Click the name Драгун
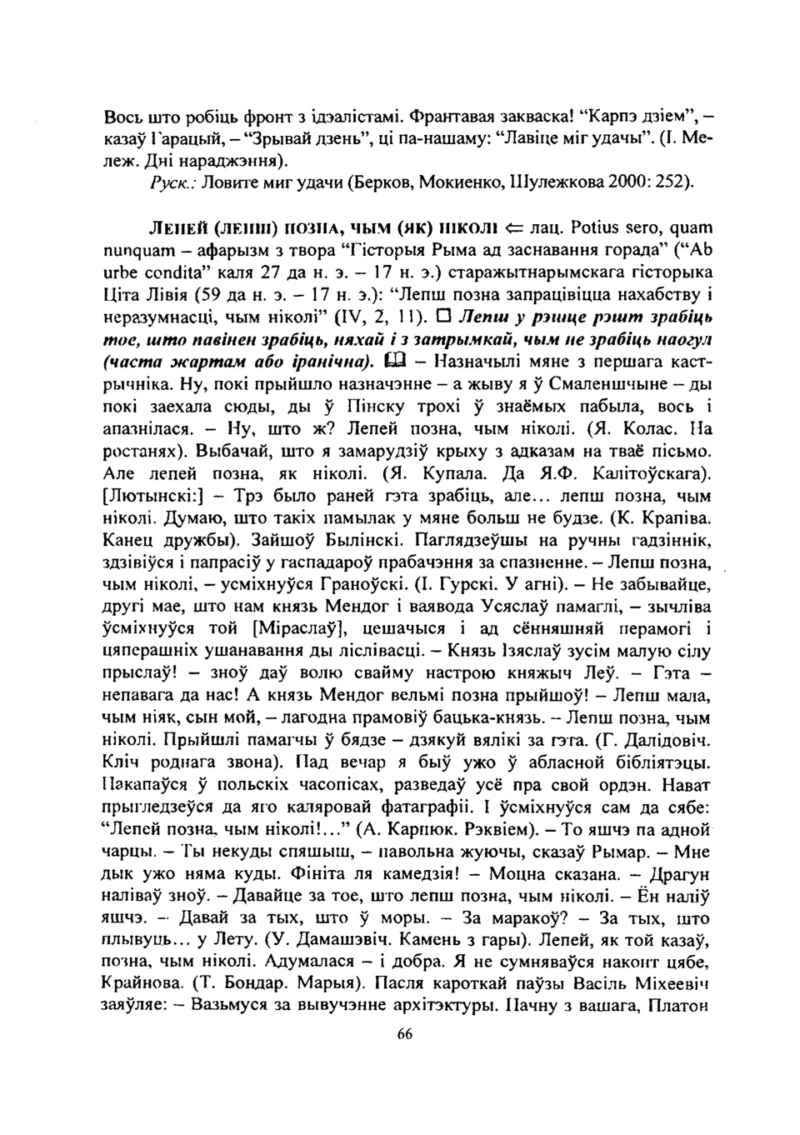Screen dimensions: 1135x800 [x=682, y=873]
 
